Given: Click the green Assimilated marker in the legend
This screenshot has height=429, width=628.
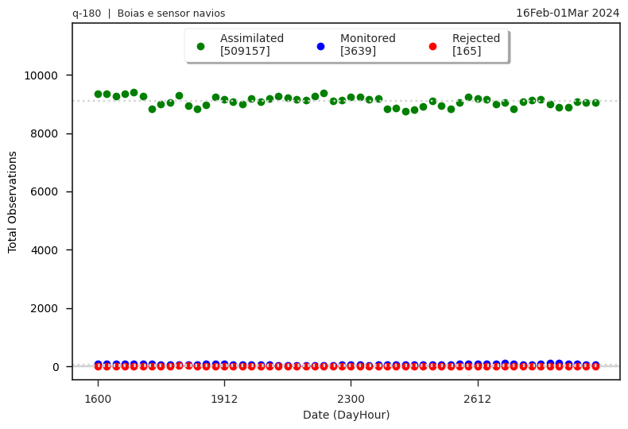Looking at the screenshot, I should coord(200,46).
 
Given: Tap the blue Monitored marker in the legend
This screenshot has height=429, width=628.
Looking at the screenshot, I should coord(320,46).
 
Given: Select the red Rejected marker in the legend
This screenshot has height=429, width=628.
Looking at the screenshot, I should coord(432,46).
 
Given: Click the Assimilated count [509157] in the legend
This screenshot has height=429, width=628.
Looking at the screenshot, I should coord(245,51).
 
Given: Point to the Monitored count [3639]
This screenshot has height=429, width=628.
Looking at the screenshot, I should coord(358,51).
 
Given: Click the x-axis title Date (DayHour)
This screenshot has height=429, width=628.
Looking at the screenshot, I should coord(346,415).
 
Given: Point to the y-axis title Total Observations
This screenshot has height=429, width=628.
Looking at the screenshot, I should coord(13,202).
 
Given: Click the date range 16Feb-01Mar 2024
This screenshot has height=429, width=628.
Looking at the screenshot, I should coord(567,13).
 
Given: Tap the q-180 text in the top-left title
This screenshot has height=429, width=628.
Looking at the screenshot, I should coord(86,14).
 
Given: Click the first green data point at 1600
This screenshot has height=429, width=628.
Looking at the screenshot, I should coord(98,94).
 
